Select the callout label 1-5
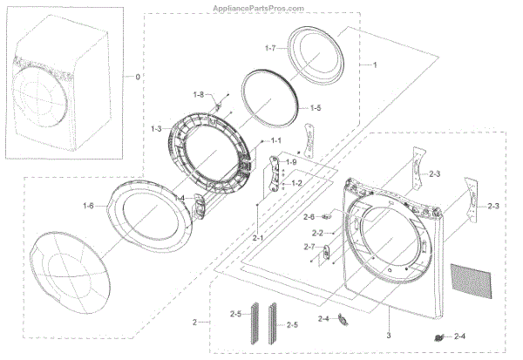click(x=316, y=107)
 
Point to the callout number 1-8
click(x=199, y=93)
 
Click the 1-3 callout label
click(x=156, y=128)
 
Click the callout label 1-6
click(x=88, y=205)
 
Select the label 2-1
click(x=258, y=237)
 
